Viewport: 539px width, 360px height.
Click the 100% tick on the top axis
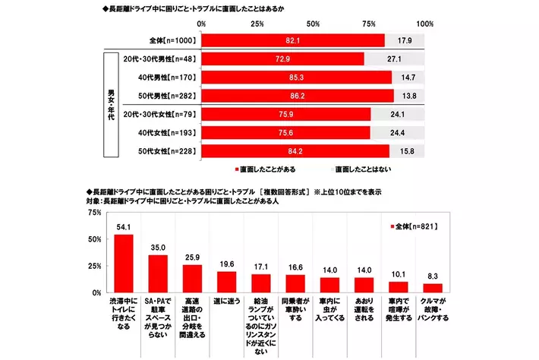tap(425, 24)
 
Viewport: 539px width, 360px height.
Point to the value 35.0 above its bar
tap(158, 247)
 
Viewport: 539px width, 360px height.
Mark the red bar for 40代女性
tap(284, 132)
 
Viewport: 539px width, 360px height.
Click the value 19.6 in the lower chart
tap(227, 264)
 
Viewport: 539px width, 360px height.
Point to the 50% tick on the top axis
tap(313, 24)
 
